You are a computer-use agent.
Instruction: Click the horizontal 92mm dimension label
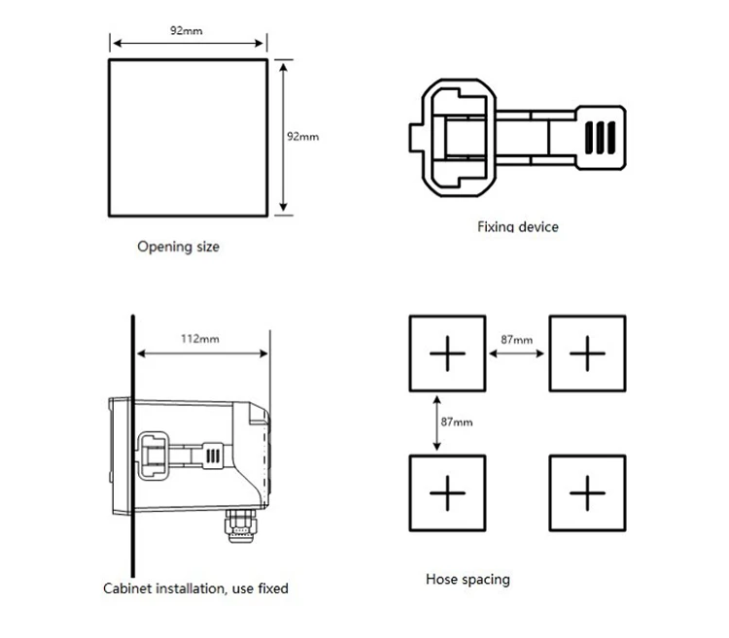[x=187, y=30]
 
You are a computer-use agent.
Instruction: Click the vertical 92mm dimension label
[x=302, y=137]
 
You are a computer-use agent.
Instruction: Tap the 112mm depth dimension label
[x=200, y=339]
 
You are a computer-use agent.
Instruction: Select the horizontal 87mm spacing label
[x=516, y=340]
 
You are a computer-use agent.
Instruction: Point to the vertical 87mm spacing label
[x=456, y=422]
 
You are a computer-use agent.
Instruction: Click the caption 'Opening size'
[x=178, y=247]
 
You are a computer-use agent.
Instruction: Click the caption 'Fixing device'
[x=517, y=227]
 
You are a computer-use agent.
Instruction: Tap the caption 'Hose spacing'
[x=468, y=580]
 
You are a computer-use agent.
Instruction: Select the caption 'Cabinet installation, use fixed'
[x=195, y=588]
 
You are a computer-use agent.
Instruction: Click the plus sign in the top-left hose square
[x=447, y=354]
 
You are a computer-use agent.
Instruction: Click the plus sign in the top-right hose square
[x=587, y=354]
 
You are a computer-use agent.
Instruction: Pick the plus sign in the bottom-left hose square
[x=447, y=493]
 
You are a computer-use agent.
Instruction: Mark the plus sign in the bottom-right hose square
[x=587, y=493]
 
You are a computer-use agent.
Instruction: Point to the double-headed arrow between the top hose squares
[x=516, y=354]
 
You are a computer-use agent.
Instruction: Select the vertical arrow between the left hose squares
[x=437, y=421]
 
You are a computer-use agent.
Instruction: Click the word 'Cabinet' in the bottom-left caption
[x=125, y=588]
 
